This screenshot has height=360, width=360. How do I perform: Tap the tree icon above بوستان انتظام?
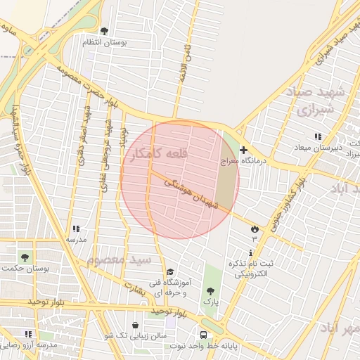(105, 31)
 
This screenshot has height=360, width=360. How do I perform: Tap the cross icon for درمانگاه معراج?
(243, 150)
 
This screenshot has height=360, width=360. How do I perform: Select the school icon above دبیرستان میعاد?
(318, 136)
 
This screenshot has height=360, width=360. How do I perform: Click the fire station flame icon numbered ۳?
(254, 229)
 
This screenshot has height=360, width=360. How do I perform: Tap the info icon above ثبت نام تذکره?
(251, 252)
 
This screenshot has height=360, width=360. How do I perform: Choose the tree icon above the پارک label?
(210, 290)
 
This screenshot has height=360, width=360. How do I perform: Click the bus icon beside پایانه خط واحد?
(203, 335)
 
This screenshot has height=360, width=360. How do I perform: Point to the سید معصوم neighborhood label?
(119, 259)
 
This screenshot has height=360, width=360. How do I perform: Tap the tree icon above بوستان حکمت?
(26, 257)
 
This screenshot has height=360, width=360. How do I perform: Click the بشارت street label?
(134, 287)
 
